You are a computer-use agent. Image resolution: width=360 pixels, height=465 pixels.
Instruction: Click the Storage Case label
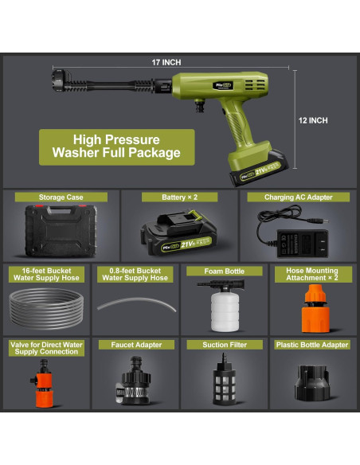[61, 197]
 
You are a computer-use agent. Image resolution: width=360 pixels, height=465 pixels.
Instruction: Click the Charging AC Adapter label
[299, 197]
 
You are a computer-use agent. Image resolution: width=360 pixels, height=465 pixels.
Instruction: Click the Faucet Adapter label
[131, 345]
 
